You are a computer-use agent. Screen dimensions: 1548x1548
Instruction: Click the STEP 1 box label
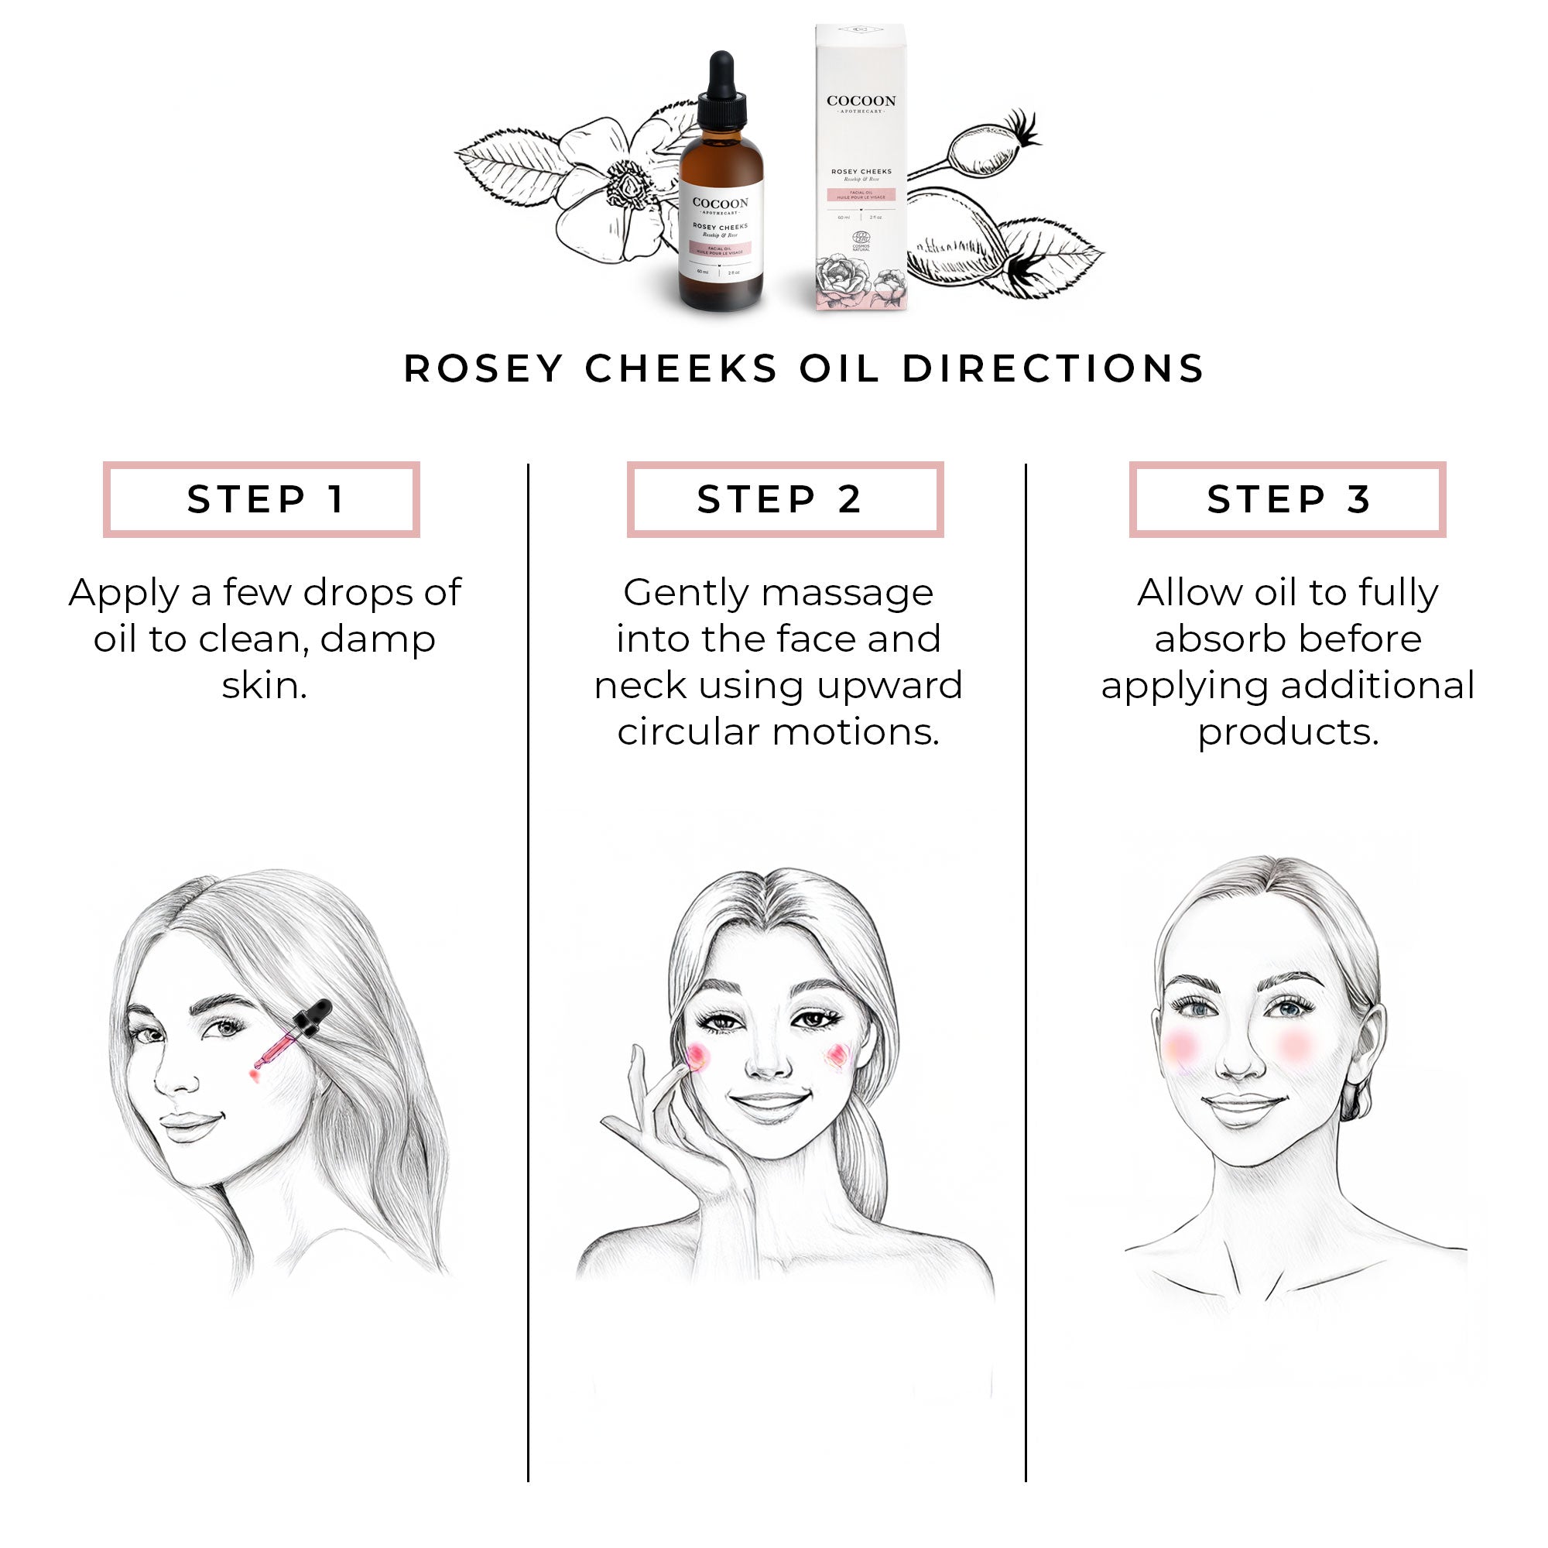point(265,499)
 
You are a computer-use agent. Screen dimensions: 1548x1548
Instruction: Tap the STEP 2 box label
point(779,499)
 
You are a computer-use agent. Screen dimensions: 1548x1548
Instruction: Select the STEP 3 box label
point(1288,499)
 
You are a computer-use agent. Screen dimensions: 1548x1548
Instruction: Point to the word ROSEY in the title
point(483,368)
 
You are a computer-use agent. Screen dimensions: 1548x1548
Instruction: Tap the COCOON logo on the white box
point(861,101)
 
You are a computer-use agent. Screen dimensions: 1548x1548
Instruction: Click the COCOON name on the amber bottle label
point(721,203)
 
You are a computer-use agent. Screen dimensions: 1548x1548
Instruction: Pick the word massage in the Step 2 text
point(847,594)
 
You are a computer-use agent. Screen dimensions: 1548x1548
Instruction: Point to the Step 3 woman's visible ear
point(1367,1066)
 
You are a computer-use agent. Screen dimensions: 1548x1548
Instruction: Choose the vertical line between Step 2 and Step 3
point(1026,961)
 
